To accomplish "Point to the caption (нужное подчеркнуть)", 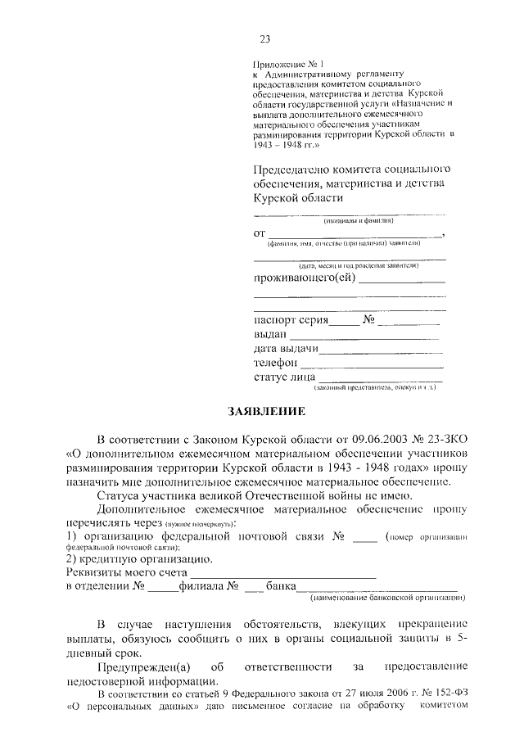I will [200, 523].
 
